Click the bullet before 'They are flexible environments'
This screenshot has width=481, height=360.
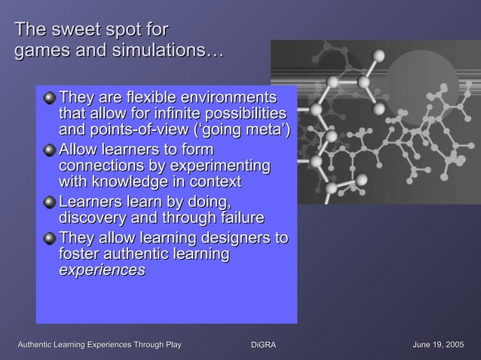(49, 98)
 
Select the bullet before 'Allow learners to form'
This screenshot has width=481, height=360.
(49, 149)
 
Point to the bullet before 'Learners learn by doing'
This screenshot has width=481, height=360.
(49, 202)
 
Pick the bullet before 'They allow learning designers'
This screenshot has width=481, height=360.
(49, 239)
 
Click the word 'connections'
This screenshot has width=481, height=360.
(99, 166)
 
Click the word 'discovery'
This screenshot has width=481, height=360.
(94, 218)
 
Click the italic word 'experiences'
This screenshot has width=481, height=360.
(102, 271)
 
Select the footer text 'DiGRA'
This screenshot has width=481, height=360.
(263, 344)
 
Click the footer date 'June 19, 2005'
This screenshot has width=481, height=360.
(438, 344)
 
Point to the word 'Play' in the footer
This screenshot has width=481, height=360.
(169, 344)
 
